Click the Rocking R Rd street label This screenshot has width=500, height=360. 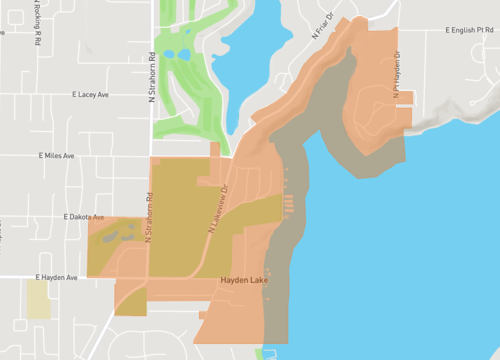click(x=37, y=29)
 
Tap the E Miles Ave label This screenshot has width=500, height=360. click(x=59, y=156)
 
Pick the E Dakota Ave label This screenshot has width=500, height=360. click(x=83, y=216)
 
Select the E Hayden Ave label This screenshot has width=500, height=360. click(x=56, y=277)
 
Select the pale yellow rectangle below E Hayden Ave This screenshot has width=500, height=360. click(x=38, y=299)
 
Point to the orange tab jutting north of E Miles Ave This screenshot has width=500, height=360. click(x=215, y=151)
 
